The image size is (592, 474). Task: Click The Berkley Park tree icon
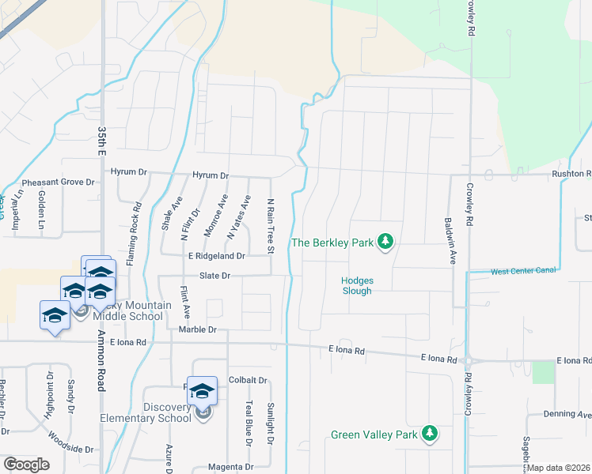[x=385, y=242]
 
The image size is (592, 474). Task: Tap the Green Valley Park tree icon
[x=430, y=434]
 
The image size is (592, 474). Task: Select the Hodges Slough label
[x=357, y=285]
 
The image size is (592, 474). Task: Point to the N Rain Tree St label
[x=270, y=227]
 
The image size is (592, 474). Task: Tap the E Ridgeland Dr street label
[x=216, y=256]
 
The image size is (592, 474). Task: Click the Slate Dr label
[x=214, y=276]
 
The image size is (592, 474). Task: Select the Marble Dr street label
[x=198, y=329]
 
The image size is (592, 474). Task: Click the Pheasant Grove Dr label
[x=58, y=182]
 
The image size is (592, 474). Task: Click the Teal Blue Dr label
[x=248, y=423]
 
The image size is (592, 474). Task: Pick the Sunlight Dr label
[x=270, y=423]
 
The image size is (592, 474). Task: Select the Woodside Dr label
[x=70, y=442]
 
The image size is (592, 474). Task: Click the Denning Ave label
[x=567, y=414]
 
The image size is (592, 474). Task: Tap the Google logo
[x=26, y=465]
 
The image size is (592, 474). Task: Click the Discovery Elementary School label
[x=146, y=413]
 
